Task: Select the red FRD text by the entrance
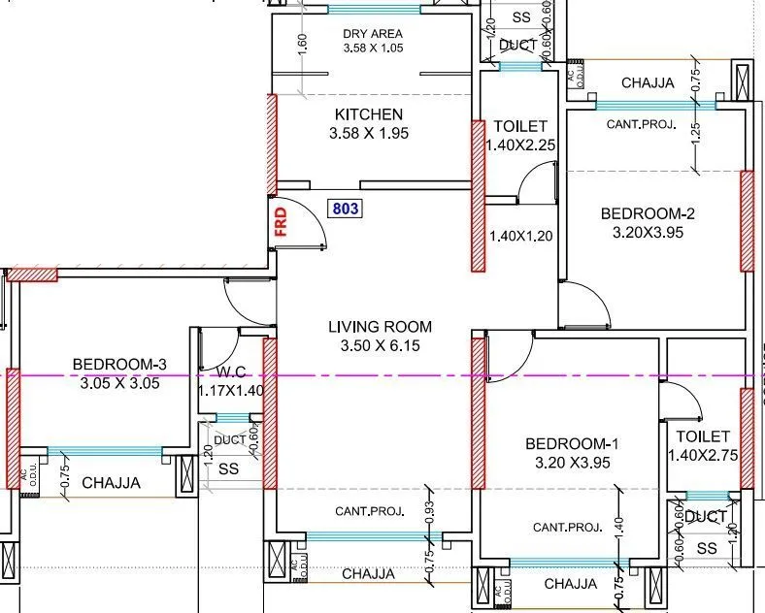coord(282,222)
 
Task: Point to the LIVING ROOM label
coord(380,327)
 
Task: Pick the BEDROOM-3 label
coord(120,365)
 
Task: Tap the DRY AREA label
coord(373,33)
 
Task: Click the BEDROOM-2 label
coord(648,214)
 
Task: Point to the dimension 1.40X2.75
coord(703,454)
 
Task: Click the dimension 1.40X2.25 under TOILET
coord(520,145)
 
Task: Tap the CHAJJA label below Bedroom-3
coord(111,482)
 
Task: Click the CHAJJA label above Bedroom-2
coord(648,83)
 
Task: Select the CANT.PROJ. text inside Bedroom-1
coord(568,528)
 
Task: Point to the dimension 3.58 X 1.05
coord(373,48)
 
